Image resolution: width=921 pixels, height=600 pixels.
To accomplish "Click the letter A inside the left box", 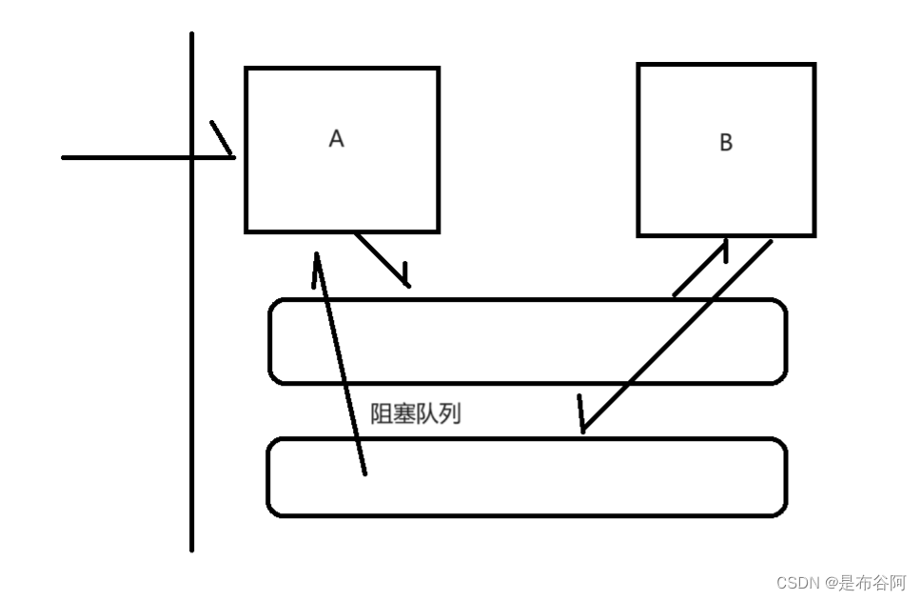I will (336, 139).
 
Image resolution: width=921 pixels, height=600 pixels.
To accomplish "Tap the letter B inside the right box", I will (726, 143).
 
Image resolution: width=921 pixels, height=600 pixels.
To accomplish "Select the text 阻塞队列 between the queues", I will (416, 414).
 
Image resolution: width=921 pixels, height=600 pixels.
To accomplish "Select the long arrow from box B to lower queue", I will (676, 337).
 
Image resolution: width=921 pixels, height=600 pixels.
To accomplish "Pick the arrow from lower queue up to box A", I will (341, 362).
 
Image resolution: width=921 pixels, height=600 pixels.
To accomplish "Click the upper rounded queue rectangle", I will (527, 341).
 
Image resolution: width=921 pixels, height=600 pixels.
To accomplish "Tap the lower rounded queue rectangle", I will (527, 477).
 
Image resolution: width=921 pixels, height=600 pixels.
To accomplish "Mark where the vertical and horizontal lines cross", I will (191, 157).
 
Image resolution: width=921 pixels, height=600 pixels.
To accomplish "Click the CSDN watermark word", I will (798, 582).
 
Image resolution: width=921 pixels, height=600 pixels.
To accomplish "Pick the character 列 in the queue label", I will (450, 414).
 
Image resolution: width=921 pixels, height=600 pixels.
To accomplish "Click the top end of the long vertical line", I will (191, 34).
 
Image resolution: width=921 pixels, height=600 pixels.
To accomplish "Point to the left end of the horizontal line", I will (64, 157).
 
